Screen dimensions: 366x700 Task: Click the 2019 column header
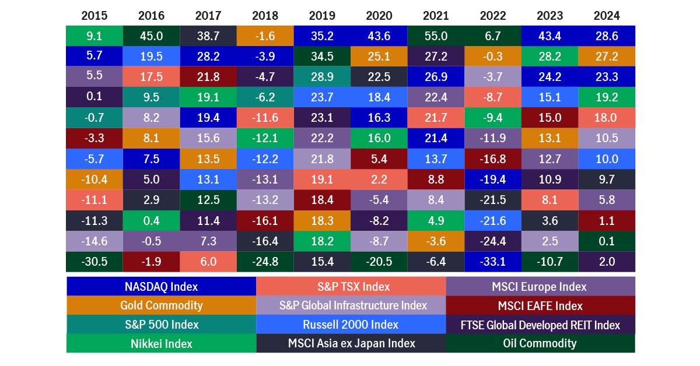click(322, 15)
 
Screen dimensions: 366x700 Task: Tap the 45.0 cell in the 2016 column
click(151, 36)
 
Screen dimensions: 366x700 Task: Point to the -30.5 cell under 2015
click(94, 261)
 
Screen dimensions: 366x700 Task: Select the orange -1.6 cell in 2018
click(265, 36)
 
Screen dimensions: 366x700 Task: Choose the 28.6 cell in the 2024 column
click(607, 36)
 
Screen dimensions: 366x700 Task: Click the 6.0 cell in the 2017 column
click(208, 261)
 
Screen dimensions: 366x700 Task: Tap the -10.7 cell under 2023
click(549, 261)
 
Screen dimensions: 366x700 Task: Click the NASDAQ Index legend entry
click(161, 286)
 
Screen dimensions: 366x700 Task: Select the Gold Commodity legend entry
click(161, 305)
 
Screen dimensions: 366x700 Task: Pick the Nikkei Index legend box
click(161, 343)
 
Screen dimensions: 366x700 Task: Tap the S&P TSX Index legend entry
click(351, 286)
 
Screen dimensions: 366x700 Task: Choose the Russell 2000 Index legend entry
click(351, 324)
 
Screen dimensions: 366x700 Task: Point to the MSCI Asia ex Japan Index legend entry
click(351, 343)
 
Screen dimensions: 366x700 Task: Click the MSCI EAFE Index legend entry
click(540, 305)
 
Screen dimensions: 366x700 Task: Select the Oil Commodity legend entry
click(540, 343)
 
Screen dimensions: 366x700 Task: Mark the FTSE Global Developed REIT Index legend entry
click(540, 324)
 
